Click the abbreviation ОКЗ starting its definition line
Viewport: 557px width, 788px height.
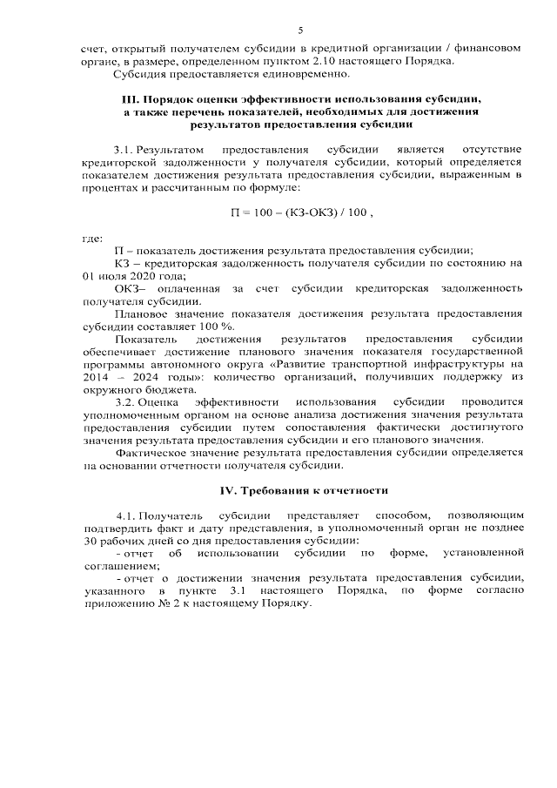pos(128,288)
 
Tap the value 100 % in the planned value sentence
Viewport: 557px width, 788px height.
pos(203,326)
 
